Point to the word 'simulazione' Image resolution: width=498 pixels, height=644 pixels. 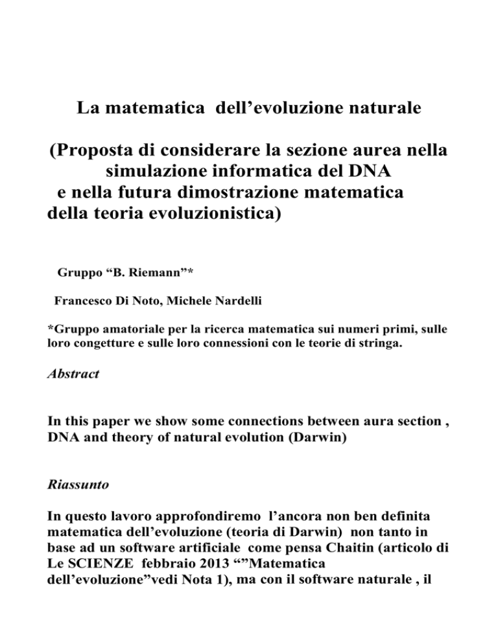(x=162, y=176)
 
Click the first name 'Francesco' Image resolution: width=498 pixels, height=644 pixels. (x=82, y=301)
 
